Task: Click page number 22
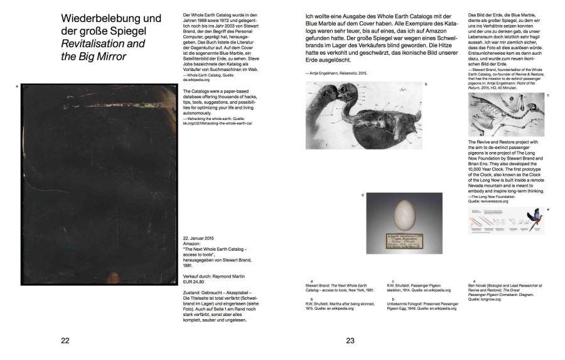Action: tap(65, 341)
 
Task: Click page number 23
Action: tap(350, 341)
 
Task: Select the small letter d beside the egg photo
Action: tap(363, 195)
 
